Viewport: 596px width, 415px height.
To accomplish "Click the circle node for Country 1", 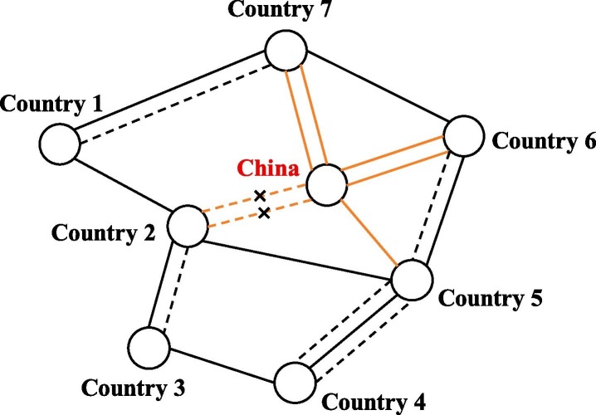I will (60, 144).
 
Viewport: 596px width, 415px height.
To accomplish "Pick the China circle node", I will (325, 183).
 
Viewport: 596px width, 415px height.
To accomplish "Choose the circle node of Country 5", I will (413, 280).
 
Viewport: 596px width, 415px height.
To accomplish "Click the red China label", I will (268, 169).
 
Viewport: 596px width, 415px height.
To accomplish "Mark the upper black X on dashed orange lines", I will (260, 196).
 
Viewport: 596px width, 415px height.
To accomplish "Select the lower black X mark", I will (264, 214).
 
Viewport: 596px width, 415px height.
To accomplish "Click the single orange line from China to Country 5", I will (369, 232).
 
